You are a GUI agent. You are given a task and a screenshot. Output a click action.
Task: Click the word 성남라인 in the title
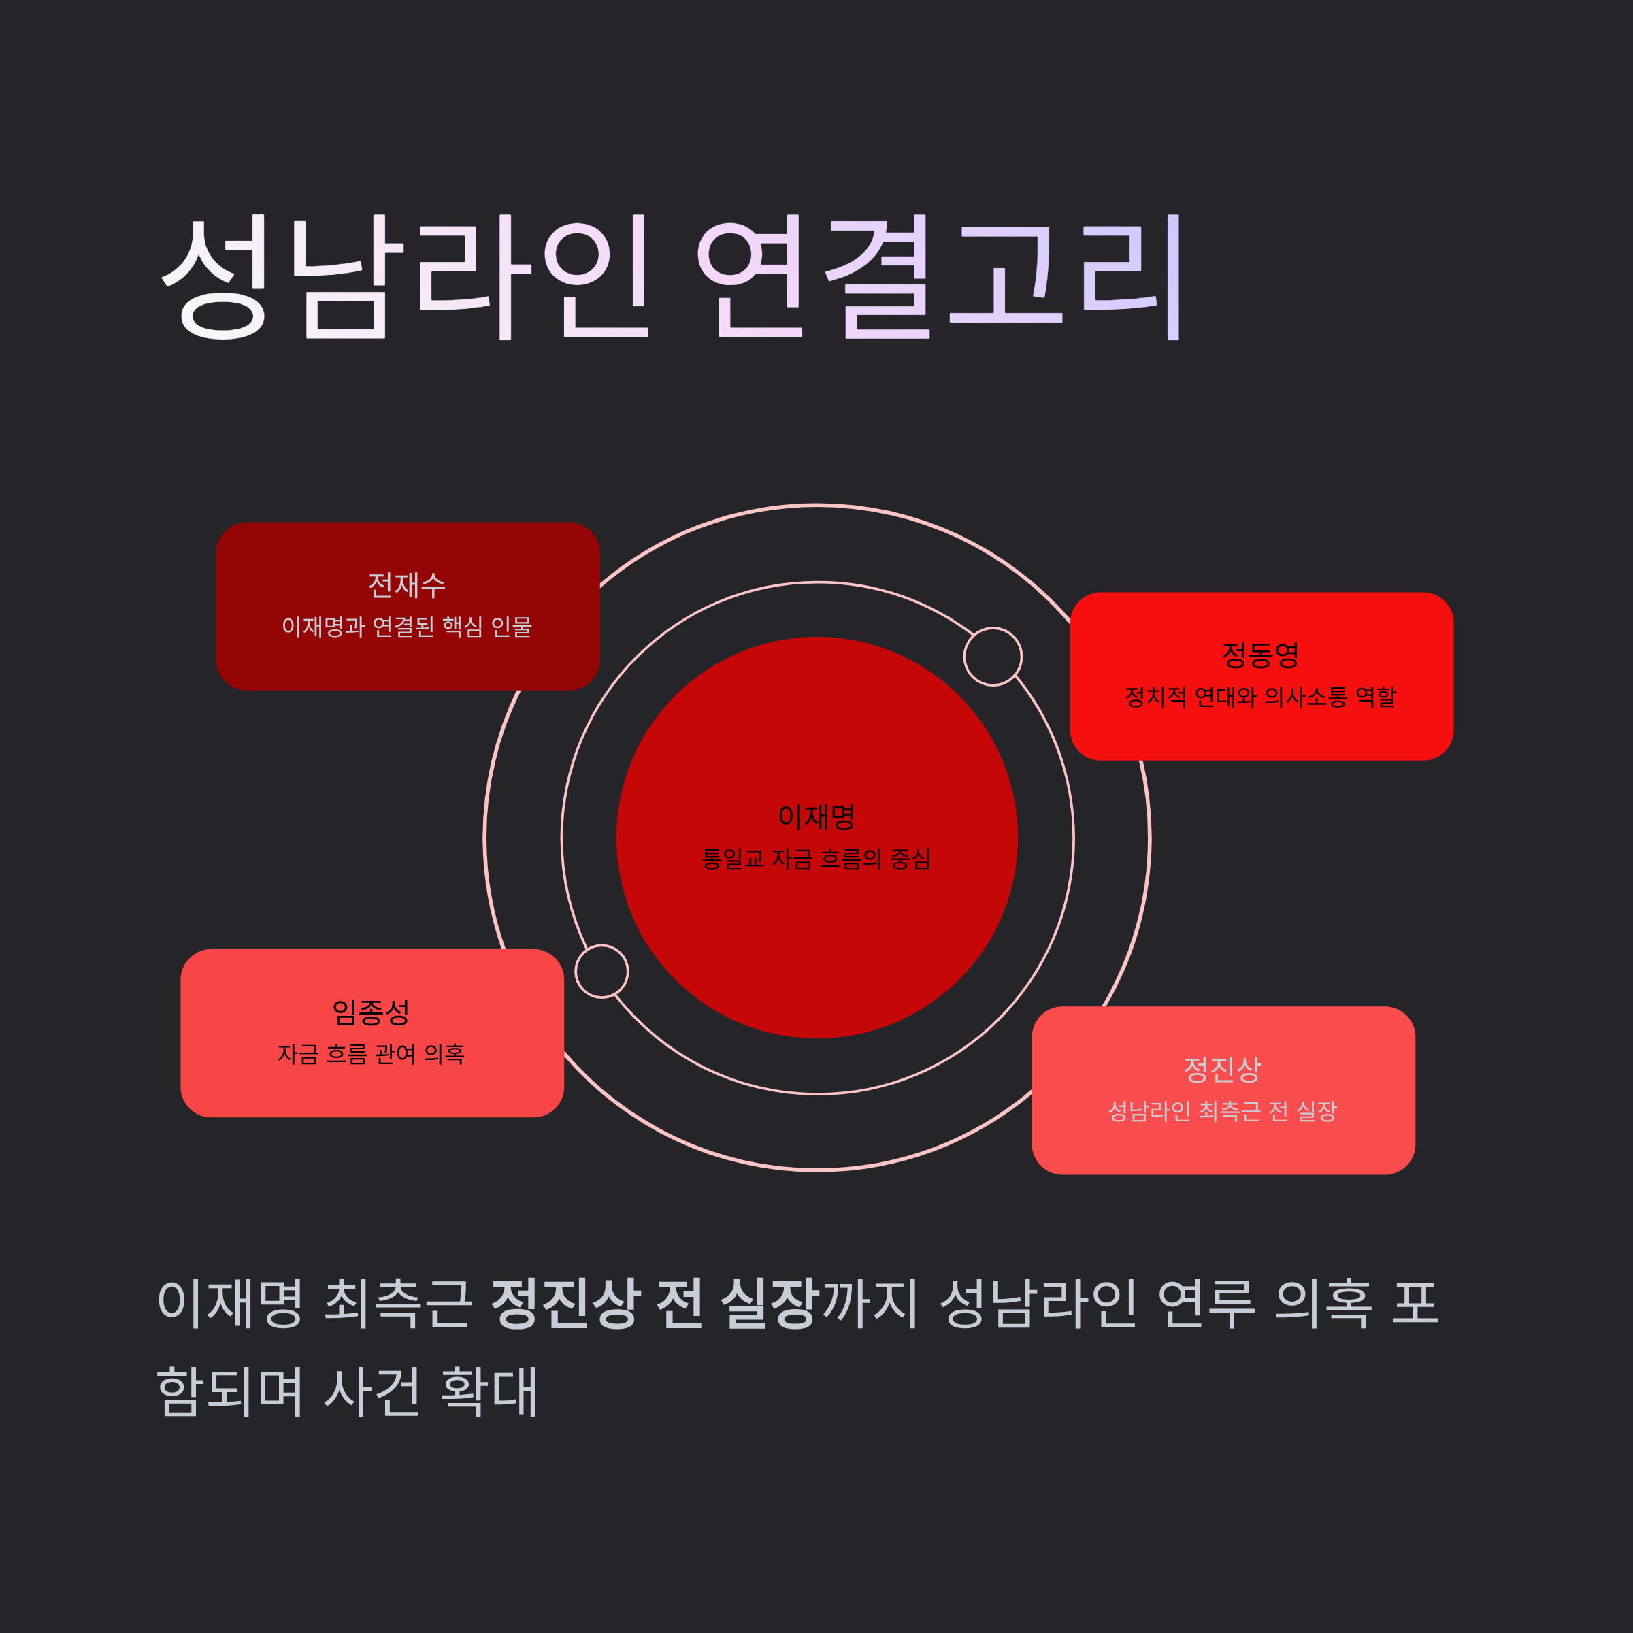pyautogui.click(x=404, y=276)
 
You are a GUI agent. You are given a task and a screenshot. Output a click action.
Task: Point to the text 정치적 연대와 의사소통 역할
pyautogui.click(x=1260, y=697)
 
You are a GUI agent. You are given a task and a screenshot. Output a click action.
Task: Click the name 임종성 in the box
pyautogui.click(x=371, y=1012)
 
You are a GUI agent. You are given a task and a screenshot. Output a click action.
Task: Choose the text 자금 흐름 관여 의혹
pyautogui.click(x=371, y=1054)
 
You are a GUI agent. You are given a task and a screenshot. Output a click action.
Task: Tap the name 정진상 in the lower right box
pyautogui.click(x=1222, y=1069)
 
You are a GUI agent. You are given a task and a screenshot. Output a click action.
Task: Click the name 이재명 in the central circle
pyautogui.click(x=816, y=816)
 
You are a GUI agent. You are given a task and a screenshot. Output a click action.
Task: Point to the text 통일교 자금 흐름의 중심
pyautogui.click(x=816, y=859)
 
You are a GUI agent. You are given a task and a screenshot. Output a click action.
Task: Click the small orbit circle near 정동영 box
pyautogui.click(x=993, y=657)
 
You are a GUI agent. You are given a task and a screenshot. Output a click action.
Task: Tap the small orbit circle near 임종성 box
pyautogui.click(x=601, y=971)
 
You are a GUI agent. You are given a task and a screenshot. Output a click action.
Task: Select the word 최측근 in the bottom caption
pyautogui.click(x=398, y=1302)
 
